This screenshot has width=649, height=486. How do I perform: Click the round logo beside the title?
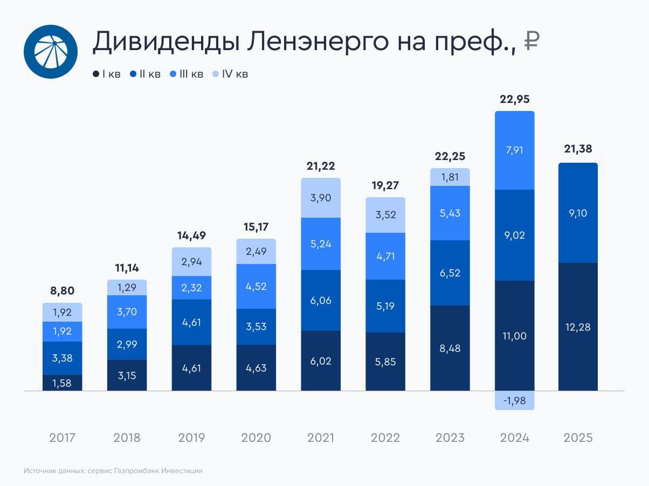(x=50, y=52)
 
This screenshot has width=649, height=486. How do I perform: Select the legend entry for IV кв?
(x=230, y=74)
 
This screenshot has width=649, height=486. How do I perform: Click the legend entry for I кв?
(x=107, y=74)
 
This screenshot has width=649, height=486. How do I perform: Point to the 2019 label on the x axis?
(x=191, y=438)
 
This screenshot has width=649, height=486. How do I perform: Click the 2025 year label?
(x=578, y=438)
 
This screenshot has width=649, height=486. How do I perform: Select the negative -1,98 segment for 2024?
(x=515, y=401)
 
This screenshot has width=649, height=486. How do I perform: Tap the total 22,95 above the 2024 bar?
(x=515, y=99)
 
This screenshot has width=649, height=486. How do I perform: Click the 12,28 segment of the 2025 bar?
(x=578, y=327)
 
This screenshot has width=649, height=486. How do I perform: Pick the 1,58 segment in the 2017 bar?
(x=63, y=383)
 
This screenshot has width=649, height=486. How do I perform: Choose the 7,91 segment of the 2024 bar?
(x=515, y=151)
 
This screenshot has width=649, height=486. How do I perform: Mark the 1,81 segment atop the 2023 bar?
(x=450, y=177)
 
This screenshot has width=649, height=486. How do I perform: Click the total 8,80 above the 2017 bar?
(x=63, y=291)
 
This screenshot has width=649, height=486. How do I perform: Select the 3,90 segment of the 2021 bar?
(x=321, y=198)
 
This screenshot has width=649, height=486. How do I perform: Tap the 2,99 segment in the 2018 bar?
(x=127, y=344)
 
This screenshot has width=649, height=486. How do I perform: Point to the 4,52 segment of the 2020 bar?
(x=256, y=286)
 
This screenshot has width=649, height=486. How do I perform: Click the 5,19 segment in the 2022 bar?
(x=385, y=306)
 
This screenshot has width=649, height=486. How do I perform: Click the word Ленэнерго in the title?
(x=315, y=42)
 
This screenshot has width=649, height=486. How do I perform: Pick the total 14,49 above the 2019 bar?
(x=191, y=236)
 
